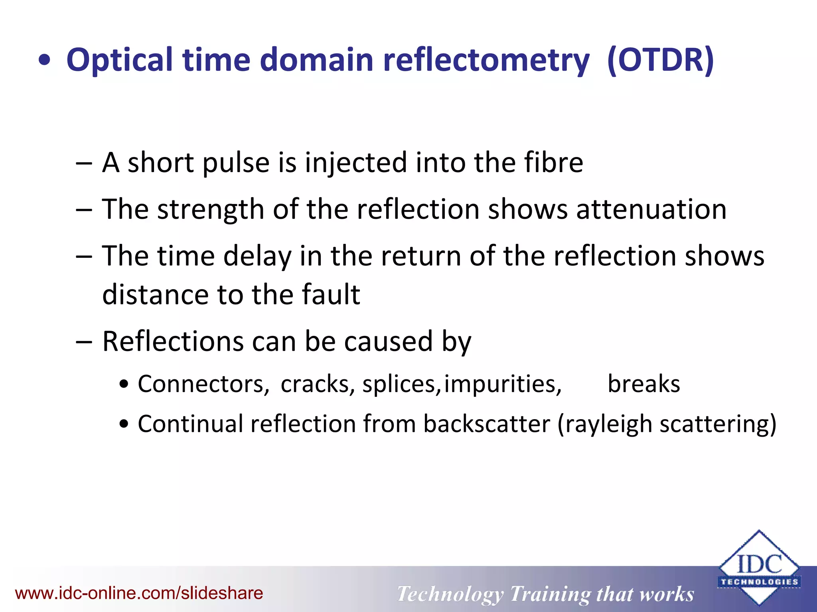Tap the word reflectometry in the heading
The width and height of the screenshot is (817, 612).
(486, 61)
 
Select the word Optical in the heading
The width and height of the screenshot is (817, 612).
(119, 61)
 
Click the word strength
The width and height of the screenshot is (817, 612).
(210, 210)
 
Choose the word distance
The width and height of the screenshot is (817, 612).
(155, 294)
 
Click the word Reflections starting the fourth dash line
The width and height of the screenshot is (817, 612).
(173, 341)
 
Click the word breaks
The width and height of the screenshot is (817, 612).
(643, 384)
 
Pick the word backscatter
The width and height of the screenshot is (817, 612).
(486, 424)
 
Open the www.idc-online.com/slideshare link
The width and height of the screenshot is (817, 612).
(139, 593)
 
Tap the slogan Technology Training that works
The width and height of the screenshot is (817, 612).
(545, 594)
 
